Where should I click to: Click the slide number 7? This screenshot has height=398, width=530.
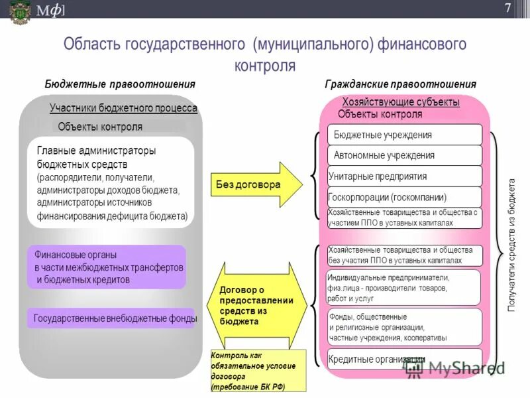coord(507,9)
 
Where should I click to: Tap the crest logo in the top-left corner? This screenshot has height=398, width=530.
coord(19,11)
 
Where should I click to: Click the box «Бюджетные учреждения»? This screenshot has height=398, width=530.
coord(405,135)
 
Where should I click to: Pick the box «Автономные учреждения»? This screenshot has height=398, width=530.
coord(405,155)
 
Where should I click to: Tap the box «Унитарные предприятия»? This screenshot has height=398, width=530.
coord(405,176)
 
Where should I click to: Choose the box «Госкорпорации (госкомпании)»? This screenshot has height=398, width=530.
coord(405,197)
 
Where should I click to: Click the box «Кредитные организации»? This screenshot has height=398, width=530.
coord(405,360)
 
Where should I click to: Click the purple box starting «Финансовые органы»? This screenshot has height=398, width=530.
coord(107,267)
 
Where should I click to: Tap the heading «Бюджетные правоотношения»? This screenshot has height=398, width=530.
coord(120,84)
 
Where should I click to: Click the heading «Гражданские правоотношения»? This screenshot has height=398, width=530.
coord(400,84)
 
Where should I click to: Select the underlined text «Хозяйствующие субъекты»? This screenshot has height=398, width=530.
coord(401,102)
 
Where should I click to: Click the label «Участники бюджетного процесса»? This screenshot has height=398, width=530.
coord(123,109)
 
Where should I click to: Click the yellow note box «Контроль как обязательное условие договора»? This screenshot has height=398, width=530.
coord(258,371)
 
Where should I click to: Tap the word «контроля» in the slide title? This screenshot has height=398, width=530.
coord(265,66)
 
